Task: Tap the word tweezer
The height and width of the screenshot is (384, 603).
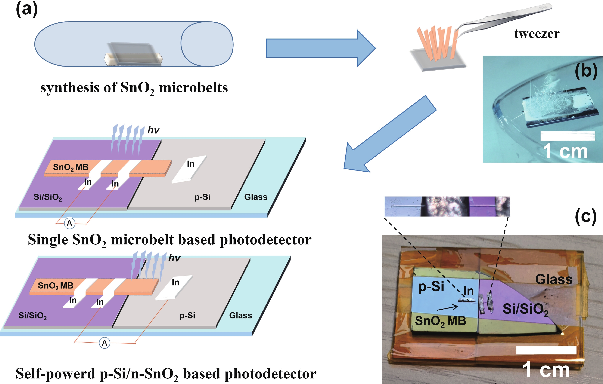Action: pyautogui.click(x=536, y=34)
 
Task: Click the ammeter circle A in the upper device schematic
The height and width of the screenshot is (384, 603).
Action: pyautogui.click(x=70, y=223)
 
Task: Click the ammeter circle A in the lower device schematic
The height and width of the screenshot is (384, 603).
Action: pyautogui.click(x=104, y=343)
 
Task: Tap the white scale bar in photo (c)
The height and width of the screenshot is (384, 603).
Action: pyautogui.click(x=546, y=350)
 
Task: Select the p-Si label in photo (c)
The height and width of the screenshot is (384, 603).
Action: pyautogui.click(x=431, y=286)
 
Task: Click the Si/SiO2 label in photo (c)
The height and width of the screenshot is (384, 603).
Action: pyautogui.click(x=525, y=309)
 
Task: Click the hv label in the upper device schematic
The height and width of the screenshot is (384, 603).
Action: pyautogui.click(x=153, y=130)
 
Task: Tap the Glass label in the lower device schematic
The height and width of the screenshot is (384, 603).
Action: pyautogui.click(x=240, y=315)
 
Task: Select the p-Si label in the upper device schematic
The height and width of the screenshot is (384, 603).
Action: pyautogui.click(x=202, y=197)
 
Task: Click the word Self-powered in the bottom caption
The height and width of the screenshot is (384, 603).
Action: pyautogui.click(x=55, y=374)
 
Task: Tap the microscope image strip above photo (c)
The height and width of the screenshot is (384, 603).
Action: pyautogui.click(x=447, y=206)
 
